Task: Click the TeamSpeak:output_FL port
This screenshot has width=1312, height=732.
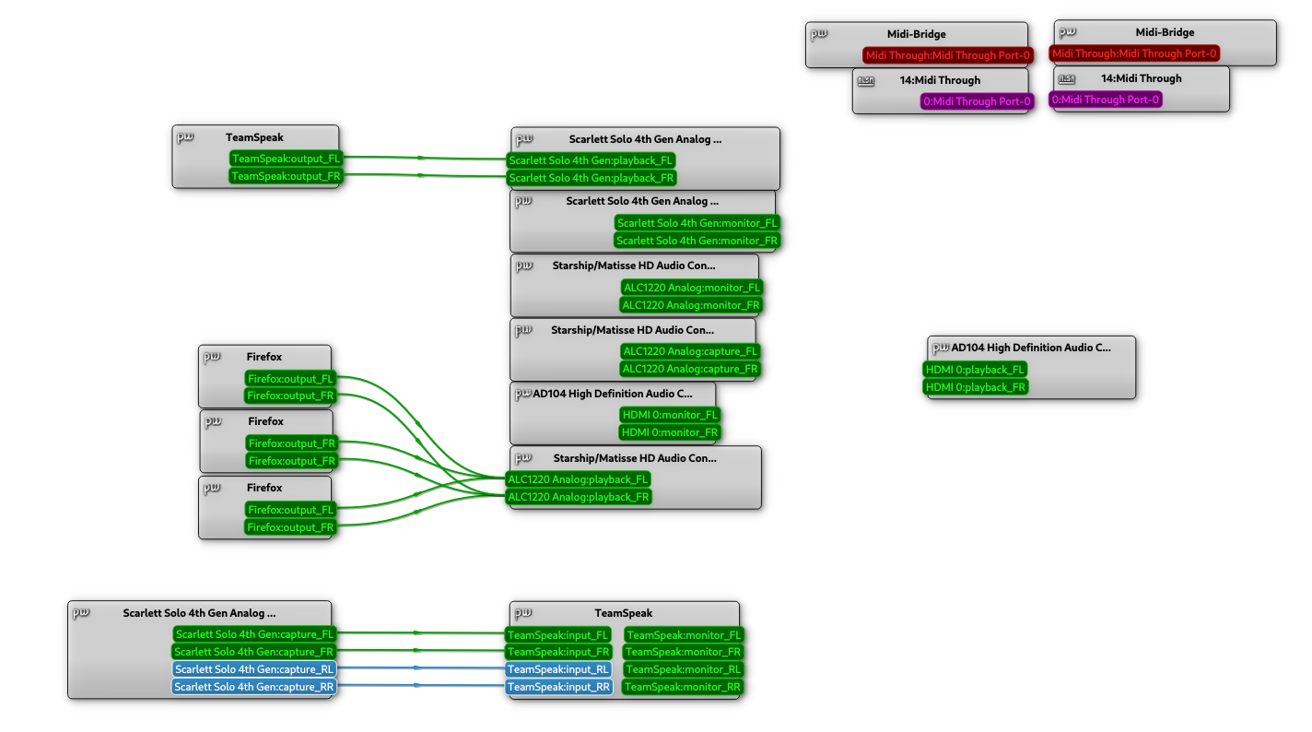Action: [x=286, y=159]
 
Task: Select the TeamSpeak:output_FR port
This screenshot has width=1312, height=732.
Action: [x=286, y=176]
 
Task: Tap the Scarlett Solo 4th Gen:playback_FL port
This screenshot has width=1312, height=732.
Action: [x=591, y=160]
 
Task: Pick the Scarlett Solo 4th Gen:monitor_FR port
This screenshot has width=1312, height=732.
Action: [x=697, y=241]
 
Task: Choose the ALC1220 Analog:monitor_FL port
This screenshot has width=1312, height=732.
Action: [x=692, y=288]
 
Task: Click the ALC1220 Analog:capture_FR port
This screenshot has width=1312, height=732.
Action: [x=691, y=369]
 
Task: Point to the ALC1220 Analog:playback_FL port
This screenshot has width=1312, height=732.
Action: [x=579, y=479]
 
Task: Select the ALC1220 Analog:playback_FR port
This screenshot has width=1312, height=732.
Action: [x=579, y=497]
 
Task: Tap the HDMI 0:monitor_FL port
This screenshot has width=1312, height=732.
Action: [x=670, y=415]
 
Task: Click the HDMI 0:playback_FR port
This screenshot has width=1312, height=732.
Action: [x=976, y=387]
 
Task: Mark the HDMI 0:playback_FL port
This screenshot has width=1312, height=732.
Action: [x=976, y=370]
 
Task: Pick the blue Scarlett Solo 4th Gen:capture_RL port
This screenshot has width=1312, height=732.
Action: [x=254, y=669]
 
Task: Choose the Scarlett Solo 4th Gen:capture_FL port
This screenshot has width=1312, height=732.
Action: [x=254, y=634]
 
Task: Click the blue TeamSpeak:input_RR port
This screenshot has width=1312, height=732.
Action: [x=558, y=687]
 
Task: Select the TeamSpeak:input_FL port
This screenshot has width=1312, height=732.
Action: [x=558, y=634]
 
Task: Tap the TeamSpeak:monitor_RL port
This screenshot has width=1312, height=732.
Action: [x=684, y=669]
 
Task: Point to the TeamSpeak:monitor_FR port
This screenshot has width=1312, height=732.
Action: [x=684, y=652]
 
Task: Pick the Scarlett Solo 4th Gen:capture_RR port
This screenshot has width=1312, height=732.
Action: [x=254, y=687]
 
